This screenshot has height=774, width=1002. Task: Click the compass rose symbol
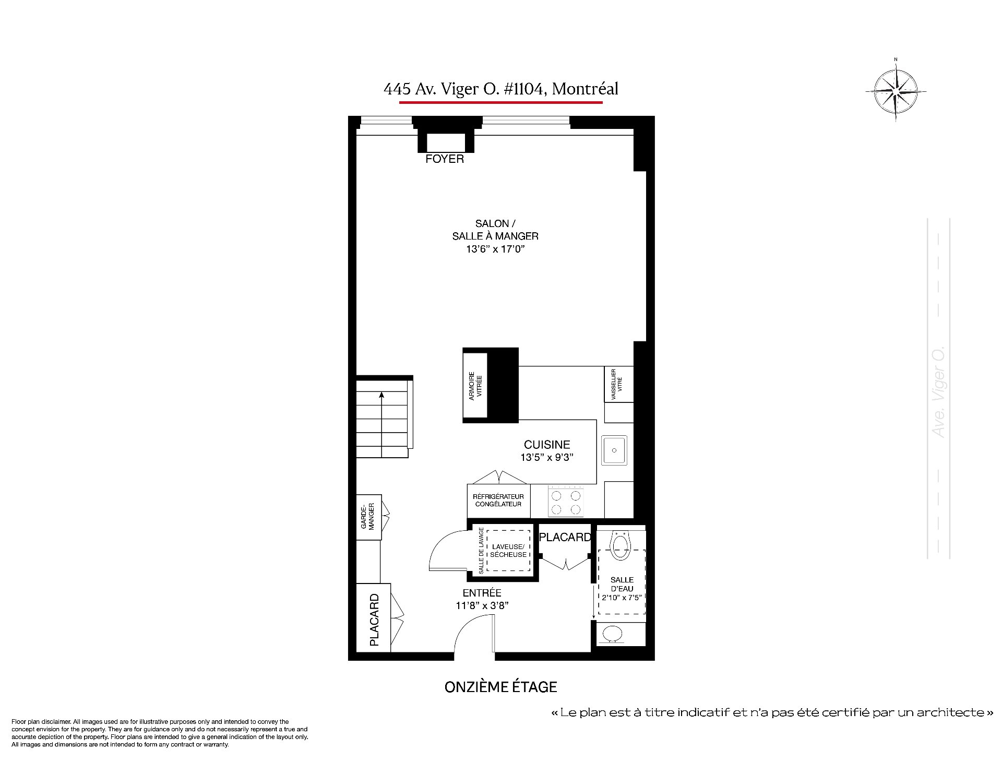(x=896, y=92)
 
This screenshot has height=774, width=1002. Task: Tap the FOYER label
(x=445, y=159)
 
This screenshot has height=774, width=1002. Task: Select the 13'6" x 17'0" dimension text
(x=495, y=249)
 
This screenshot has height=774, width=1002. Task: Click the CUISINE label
(x=547, y=445)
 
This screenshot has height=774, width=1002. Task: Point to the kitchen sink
(x=614, y=450)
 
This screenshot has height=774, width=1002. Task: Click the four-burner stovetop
(x=566, y=502)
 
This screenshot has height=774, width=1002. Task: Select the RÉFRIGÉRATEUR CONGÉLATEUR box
(x=498, y=501)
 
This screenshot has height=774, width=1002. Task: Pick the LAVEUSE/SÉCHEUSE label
(x=508, y=551)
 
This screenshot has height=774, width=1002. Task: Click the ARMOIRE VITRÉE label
(x=475, y=386)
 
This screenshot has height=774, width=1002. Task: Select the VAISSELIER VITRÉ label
(x=617, y=384)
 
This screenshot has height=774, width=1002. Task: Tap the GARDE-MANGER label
(x=368, y=516)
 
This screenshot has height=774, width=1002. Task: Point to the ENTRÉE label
(x=482, y=593)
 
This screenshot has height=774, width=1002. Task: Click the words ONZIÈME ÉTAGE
(x=501, y=687)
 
